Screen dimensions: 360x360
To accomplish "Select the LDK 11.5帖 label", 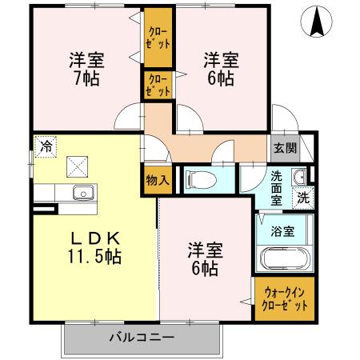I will [x=94, y=247].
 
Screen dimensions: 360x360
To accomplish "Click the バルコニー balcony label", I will [x=142, y=337].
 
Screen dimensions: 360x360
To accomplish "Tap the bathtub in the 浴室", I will [x=283, y=261].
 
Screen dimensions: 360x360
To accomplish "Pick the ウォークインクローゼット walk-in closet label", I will [x=284, y=299].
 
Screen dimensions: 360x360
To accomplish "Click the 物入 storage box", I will [x=157, y=180].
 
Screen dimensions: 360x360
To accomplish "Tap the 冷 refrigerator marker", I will [x=46, y=146].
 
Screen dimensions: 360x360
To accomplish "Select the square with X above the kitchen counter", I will [x=77, y=167].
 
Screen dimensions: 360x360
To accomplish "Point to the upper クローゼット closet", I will [x=158, y=39].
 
